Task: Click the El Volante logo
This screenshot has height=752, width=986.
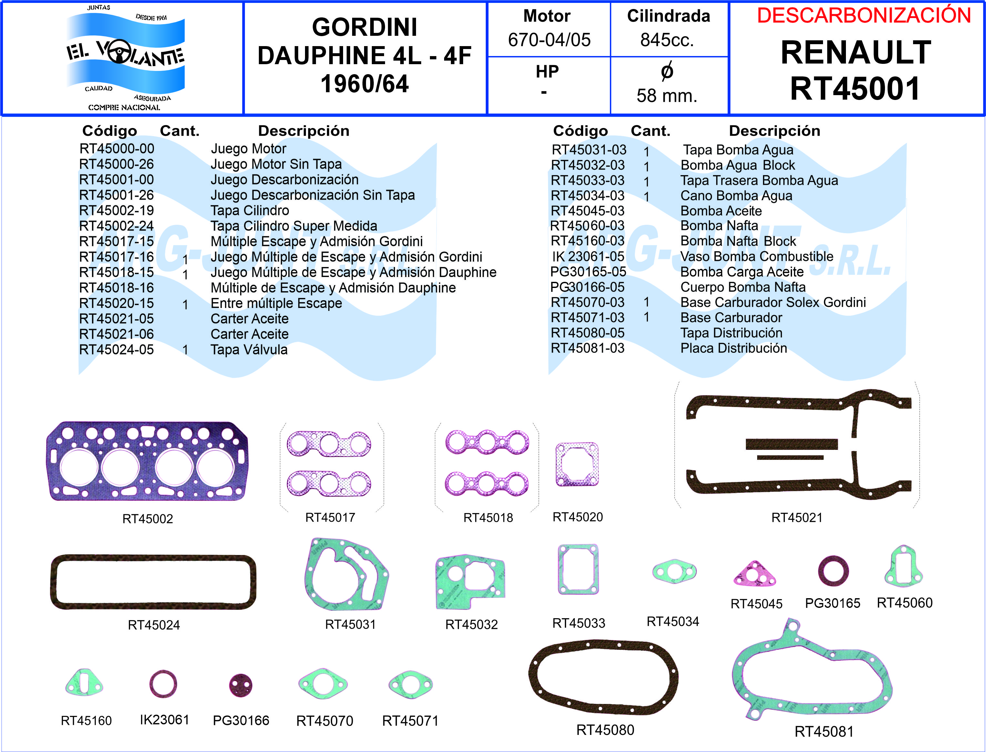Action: point(125,57)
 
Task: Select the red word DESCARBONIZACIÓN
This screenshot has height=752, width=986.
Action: point(864,16)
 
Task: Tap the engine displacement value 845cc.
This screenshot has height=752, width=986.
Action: point(667,40)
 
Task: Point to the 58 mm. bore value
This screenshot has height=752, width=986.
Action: point(667,96)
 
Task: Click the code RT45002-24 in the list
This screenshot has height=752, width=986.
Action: point(117,226)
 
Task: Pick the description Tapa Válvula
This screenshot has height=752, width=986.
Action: point(249,350)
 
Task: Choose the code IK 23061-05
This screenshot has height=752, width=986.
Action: point(588,256)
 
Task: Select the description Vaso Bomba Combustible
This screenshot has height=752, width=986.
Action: point(757,256)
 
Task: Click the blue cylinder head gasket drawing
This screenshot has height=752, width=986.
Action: point(147,461)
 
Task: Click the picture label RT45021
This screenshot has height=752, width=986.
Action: point(797,518)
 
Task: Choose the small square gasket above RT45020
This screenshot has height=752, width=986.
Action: point(577,465)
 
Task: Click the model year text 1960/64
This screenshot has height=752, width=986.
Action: point(365,84)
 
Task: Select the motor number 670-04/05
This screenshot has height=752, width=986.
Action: point(549,40)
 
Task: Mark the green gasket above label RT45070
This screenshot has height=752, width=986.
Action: point(323,684)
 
